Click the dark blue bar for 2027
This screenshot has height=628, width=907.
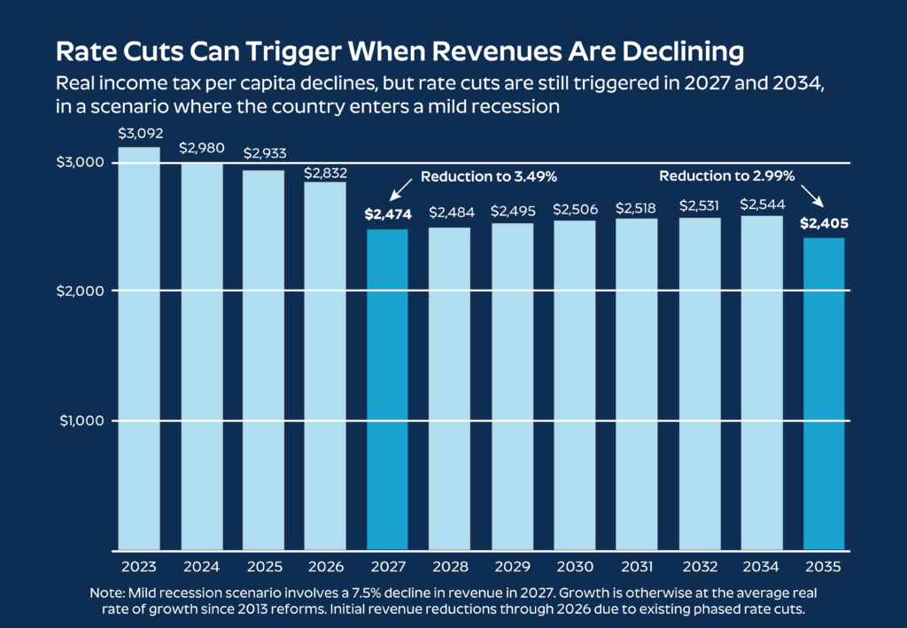coord(388,389)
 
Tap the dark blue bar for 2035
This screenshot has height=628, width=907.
coord(824,393)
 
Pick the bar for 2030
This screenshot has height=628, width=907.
coord(575,384)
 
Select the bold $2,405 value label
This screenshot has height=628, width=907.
coord(824,223)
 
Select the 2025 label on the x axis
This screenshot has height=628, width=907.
coord(263,564)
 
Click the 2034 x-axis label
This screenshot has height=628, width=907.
coord(762,564)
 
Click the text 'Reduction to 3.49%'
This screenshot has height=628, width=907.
coord(488,177)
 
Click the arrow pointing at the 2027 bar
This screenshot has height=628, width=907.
coord(399,189)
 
